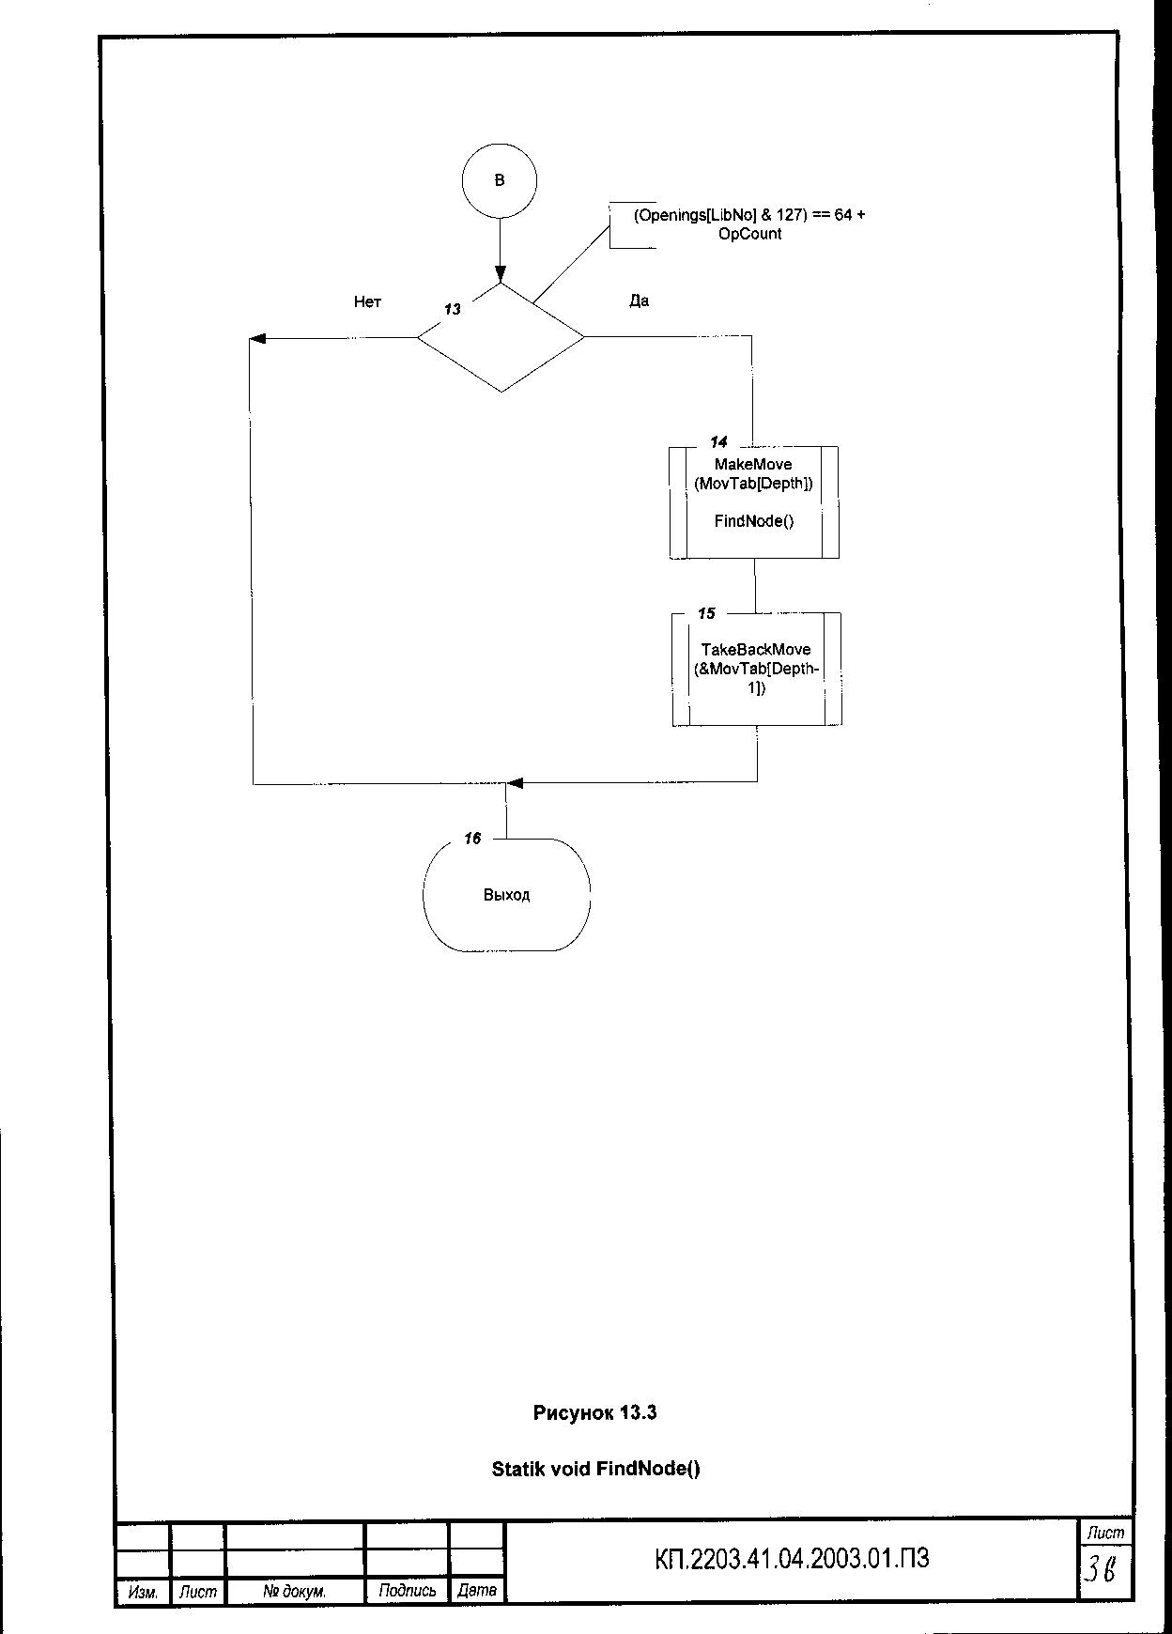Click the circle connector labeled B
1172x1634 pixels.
(500, 180)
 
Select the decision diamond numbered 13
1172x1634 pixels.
(501, 337)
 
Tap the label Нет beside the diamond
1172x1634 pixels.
(367, 301)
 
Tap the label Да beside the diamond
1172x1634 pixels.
(639, 301)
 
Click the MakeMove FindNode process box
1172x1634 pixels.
(753, 502)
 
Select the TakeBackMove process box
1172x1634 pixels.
(756, 669)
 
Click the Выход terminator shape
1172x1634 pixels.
(506, 895)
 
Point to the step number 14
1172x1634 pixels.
(718, 441)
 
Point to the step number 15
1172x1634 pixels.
(706, 613)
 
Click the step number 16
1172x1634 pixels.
(472, 839)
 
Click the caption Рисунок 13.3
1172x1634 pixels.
(594, 1412)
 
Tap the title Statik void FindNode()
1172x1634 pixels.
(595, 1469)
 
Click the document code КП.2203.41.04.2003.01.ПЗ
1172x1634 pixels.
(792, 1559)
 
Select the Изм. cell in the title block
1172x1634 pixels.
(142, 1592)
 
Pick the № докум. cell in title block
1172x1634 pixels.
(294, 1592)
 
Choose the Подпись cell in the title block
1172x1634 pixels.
(407, 1591)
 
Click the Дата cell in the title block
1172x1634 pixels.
(476, 1591)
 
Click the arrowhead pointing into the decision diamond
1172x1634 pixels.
(500, 275)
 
